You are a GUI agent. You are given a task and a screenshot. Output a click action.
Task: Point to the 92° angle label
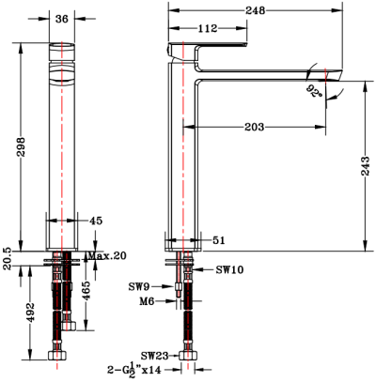(313, 93)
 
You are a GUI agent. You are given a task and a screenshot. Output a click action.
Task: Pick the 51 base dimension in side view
(218, 241)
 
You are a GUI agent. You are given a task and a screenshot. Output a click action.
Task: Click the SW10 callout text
(229, 269)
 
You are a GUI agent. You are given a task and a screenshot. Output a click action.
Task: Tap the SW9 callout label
(142, 285)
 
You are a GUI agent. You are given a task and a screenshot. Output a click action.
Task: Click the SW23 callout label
(155, 356)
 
